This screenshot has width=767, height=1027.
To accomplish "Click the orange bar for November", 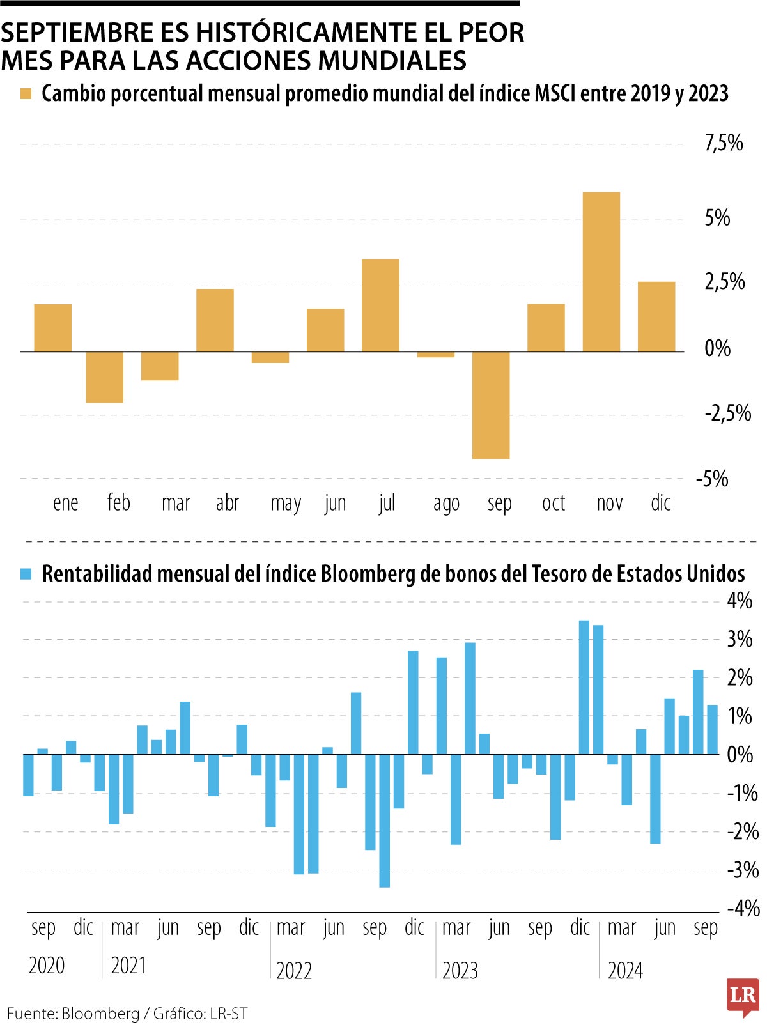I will point(601,272).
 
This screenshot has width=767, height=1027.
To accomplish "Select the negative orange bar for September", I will point(491,405).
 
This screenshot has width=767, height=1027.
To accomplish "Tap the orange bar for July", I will point(380,305).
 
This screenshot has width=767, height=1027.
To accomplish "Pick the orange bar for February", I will point(104,377).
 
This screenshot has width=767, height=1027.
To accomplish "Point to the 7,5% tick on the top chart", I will point(724,143).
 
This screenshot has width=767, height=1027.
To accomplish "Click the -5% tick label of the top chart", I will point(713,479).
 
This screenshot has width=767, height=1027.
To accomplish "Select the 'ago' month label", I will point(446,504).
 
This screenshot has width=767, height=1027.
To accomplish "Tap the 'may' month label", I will point(286,504).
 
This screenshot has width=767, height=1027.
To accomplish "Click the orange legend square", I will point(26,94).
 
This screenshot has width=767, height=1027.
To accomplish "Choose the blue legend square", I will point(26,574).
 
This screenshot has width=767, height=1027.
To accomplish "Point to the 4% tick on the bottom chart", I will point(740,601).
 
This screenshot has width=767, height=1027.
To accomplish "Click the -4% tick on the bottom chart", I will point(743,908).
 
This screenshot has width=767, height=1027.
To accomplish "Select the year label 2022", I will point(294,971).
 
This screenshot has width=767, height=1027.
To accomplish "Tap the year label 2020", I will point(47,965).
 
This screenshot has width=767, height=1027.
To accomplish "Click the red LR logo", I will point(743,996).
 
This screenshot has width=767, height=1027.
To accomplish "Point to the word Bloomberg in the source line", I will point(100,1014).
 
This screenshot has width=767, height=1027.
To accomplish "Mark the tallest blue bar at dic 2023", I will point(584,687).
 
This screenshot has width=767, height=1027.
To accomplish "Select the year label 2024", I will point(625,971).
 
